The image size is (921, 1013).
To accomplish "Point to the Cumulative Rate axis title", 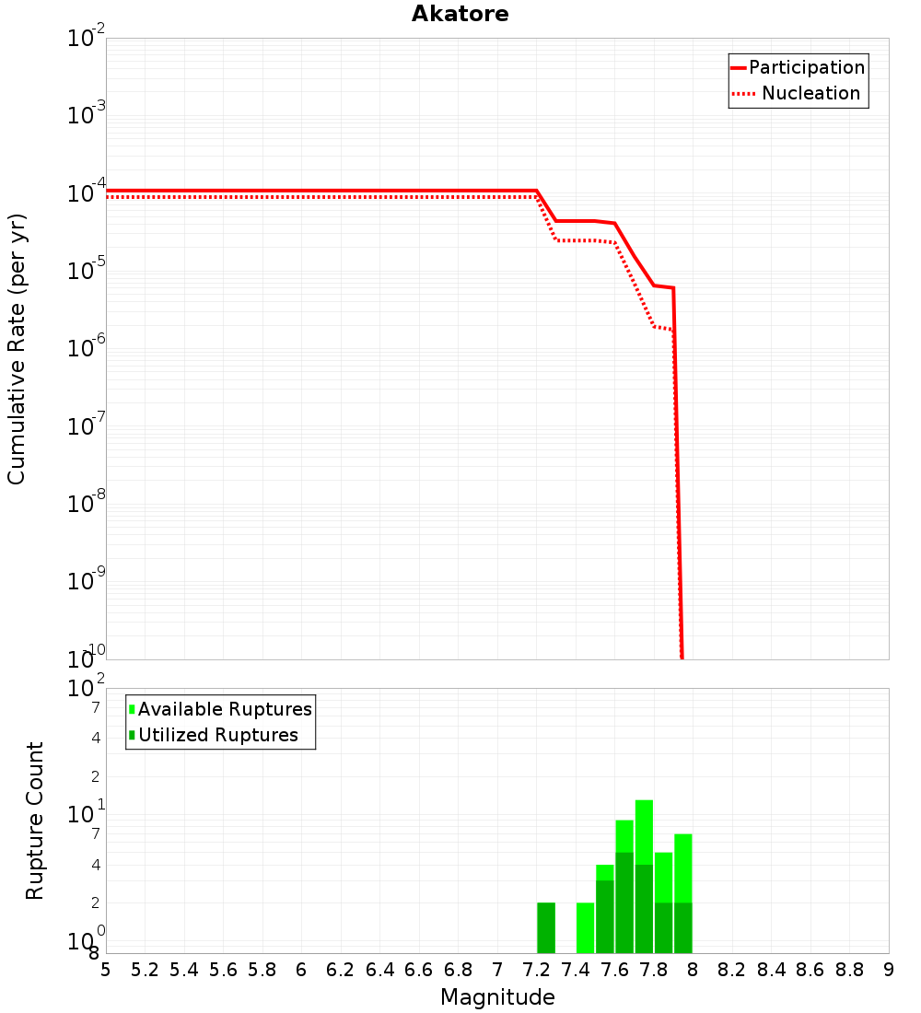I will click(17, 349).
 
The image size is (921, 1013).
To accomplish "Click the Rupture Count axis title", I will click(35, 821).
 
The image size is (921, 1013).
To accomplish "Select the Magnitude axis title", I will click(497, 997).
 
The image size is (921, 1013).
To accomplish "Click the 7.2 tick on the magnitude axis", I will click(536, 970).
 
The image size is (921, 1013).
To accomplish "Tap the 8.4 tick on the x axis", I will click(771, 970).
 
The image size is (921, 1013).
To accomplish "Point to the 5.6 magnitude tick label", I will click(223, 970).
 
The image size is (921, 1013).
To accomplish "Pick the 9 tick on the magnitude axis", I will click(888, 970).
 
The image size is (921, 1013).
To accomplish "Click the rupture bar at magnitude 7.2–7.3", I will click(546, 927).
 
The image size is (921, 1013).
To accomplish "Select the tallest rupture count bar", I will click(644, 876).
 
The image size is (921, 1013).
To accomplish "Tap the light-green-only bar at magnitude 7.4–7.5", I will click(585, 927).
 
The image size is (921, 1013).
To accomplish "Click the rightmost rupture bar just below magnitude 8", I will click(682, 893).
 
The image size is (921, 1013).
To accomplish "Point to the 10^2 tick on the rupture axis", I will click(87, 688).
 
